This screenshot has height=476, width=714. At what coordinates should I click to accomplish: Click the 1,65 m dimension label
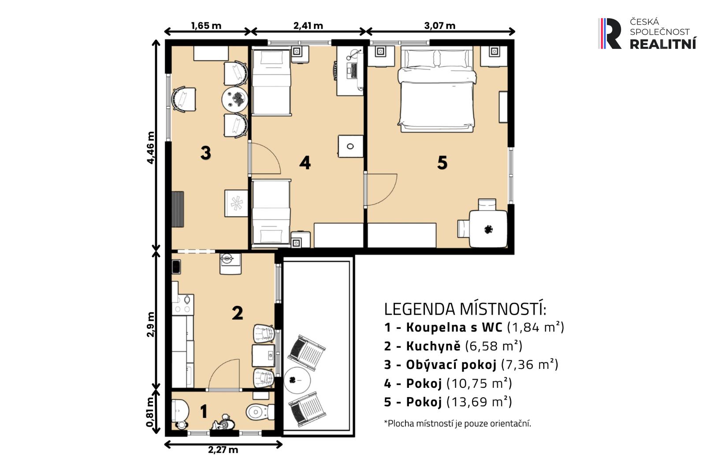[206, 26]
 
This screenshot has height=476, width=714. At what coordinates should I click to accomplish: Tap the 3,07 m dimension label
[439, 26]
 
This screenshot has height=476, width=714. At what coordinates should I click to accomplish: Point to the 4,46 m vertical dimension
[150, 148]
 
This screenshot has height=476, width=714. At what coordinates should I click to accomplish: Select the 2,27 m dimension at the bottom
[223, 450]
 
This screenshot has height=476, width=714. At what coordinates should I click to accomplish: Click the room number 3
[205, 152]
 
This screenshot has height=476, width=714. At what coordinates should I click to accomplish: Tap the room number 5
[442, 163]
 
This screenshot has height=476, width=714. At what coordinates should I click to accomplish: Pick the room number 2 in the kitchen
[238, 313]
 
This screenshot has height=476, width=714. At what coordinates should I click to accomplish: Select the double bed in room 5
[437, 89]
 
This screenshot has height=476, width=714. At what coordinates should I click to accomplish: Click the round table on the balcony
[297, 380]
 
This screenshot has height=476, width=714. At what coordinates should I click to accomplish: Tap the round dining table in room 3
[235, 99]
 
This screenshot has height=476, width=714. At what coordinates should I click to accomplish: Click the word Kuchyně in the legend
[433, 346]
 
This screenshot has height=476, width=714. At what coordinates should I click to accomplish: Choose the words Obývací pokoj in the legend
[451, 365]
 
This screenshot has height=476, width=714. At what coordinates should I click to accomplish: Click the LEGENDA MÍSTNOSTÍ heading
[465, 309]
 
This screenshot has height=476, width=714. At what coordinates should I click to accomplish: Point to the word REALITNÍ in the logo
[663, 44]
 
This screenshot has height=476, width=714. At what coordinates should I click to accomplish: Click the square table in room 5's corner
[488, 229]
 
